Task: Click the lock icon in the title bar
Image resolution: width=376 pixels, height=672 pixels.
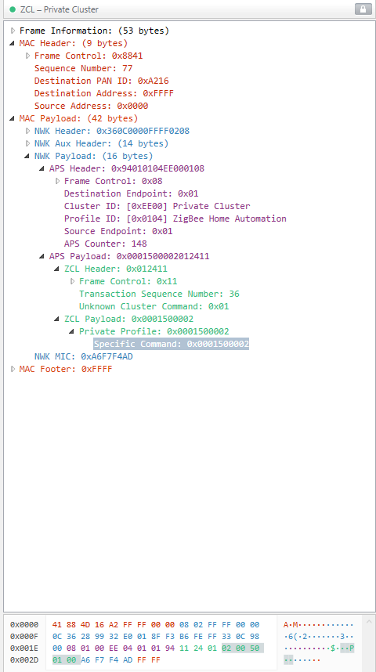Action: tap(363, 9)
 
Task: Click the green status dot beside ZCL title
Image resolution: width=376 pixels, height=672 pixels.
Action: tap(13, 9)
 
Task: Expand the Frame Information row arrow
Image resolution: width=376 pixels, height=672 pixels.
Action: tap(13, 31)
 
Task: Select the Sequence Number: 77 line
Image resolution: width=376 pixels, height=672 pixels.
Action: tap(83, 69)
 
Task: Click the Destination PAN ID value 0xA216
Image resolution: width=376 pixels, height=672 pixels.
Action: tap(153, 81)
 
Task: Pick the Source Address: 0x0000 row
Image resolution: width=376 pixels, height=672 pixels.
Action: tap(92, 106)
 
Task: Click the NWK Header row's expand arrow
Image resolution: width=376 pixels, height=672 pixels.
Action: tap(28, 131)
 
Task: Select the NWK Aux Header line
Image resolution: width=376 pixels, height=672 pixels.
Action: tap(102, 143)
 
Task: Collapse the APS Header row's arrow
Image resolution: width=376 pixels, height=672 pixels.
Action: tap(42, 169)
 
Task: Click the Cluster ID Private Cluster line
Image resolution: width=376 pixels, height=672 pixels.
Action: tap(157, 206)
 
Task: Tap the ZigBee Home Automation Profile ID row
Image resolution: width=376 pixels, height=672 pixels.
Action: tap(175, 219)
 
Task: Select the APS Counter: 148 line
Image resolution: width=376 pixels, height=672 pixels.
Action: tap(106, 244)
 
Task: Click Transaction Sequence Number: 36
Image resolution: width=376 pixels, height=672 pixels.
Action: tap(159, 294)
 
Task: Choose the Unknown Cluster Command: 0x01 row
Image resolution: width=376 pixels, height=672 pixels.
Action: tap(154, 306)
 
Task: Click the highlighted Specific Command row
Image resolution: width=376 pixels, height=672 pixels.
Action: tap(171, 344)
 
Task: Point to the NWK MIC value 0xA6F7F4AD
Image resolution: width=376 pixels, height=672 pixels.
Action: tap(107, 356)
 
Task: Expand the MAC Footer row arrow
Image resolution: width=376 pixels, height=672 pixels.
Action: tap(13, 369)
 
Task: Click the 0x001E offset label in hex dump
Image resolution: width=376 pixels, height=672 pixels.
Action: tap(24, 649)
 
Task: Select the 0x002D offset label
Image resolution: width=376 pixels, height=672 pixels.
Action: tap(24, 660)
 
